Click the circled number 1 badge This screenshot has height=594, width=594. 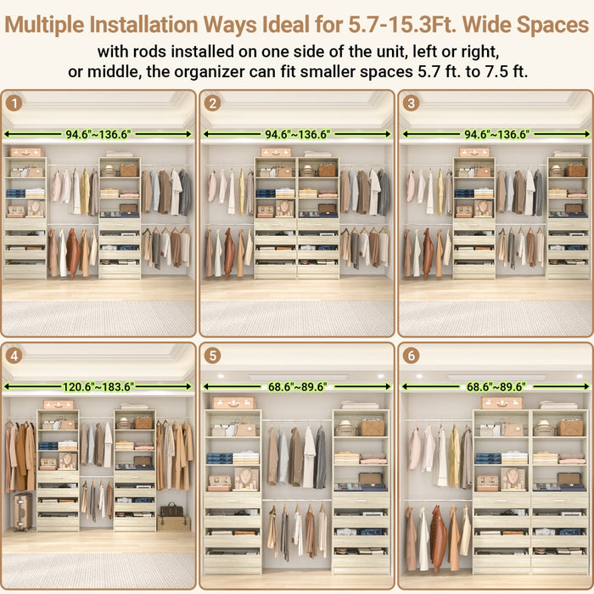[x=14, y=104]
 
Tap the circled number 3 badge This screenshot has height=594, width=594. [x=412, y=104]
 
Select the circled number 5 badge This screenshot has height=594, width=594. [x=212, y=356]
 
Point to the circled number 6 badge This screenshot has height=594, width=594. [x=412, y=356]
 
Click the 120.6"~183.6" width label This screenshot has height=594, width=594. [x=98, y=387]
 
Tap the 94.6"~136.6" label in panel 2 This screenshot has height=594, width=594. [x=297, y=134]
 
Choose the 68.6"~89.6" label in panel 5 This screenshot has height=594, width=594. [x=296, y=387]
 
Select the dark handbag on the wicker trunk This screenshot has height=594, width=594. [x=173, y=510]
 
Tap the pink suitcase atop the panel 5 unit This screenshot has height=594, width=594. [x=233, y=403]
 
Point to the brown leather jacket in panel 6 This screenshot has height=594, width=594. [x=438, y=538]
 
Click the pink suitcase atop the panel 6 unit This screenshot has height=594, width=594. [x=502, y=403]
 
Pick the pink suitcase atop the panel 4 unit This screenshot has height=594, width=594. [x=59, y=405]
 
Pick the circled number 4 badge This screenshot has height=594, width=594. [x=14, y=356]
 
